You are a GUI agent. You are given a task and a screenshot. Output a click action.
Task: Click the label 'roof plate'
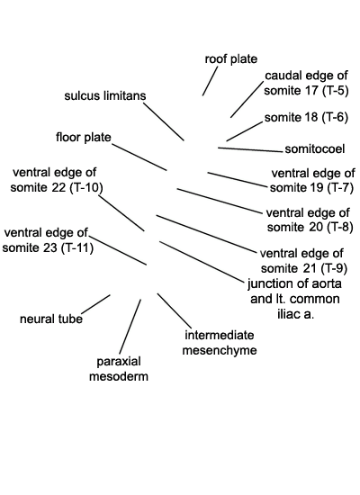coord(230,59)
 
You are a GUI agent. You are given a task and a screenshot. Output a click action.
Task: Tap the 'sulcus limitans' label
coord(105,95)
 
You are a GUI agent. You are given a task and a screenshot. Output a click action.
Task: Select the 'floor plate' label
coord(84,138)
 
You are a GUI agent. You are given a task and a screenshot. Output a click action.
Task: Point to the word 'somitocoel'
coord(314,149)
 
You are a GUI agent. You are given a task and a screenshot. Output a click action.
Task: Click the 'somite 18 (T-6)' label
coord(306,117)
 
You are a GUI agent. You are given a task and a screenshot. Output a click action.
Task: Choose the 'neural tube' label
coord(51,319)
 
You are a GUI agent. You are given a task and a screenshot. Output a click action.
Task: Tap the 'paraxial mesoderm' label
coord(119,369)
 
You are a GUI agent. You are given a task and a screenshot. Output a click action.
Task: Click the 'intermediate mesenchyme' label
coord(220,343)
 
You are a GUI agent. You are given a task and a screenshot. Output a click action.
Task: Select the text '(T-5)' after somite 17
coord(335,91)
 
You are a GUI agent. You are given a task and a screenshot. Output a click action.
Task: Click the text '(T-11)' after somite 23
coord(77,247)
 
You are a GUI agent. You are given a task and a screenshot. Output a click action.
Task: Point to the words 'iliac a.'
coord(295,314)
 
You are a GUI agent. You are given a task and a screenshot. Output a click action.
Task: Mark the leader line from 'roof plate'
coord(210,81)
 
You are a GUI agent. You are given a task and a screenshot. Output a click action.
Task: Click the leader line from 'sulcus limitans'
coord(164,121)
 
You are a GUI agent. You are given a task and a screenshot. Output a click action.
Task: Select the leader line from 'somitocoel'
coord(250,149)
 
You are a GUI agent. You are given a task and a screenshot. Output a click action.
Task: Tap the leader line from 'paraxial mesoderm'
coord(130,327)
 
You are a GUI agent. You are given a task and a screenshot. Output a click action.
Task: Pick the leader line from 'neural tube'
coord(95,304)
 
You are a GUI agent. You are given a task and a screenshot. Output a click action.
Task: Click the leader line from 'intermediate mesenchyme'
coord(175,310)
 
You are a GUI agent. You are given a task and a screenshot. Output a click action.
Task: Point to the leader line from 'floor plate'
coord(139,157)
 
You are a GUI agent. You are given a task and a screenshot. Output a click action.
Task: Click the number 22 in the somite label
coord(59,187)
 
